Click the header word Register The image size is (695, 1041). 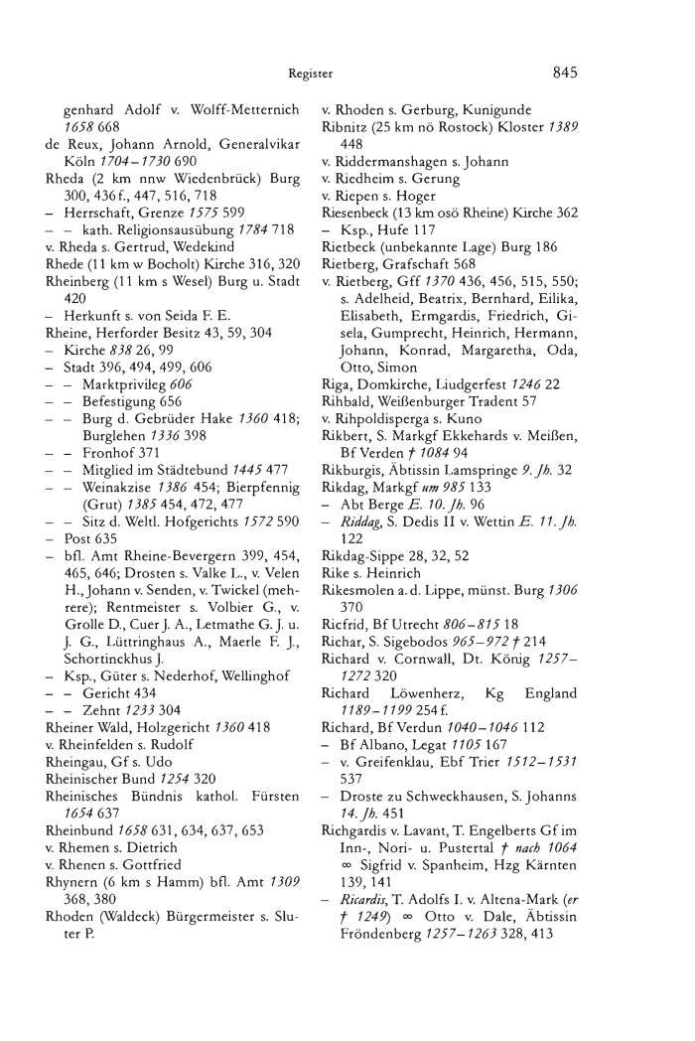click(310, 73)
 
